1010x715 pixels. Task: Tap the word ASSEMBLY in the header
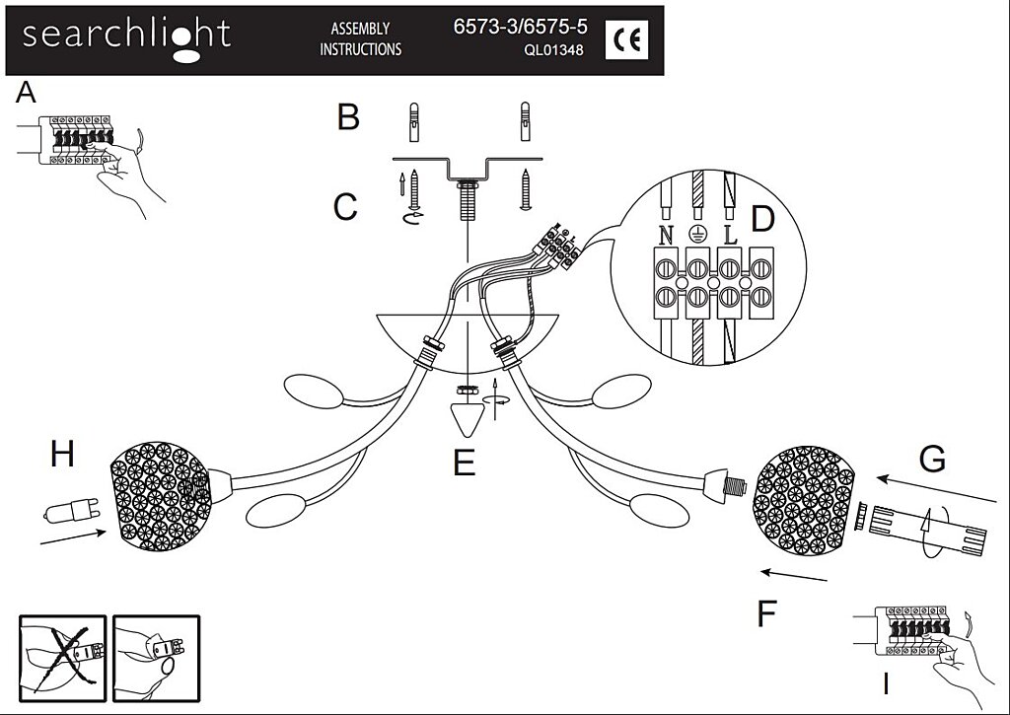pos(360,30)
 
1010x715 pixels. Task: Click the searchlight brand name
pos(126,36)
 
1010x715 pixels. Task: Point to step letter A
pos(27,94)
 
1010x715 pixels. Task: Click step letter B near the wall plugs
pos(348,117)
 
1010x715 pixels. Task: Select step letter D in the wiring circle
pos(761,219)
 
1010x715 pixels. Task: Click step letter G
pos(931,459)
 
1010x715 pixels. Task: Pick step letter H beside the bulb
pos(62,455)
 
